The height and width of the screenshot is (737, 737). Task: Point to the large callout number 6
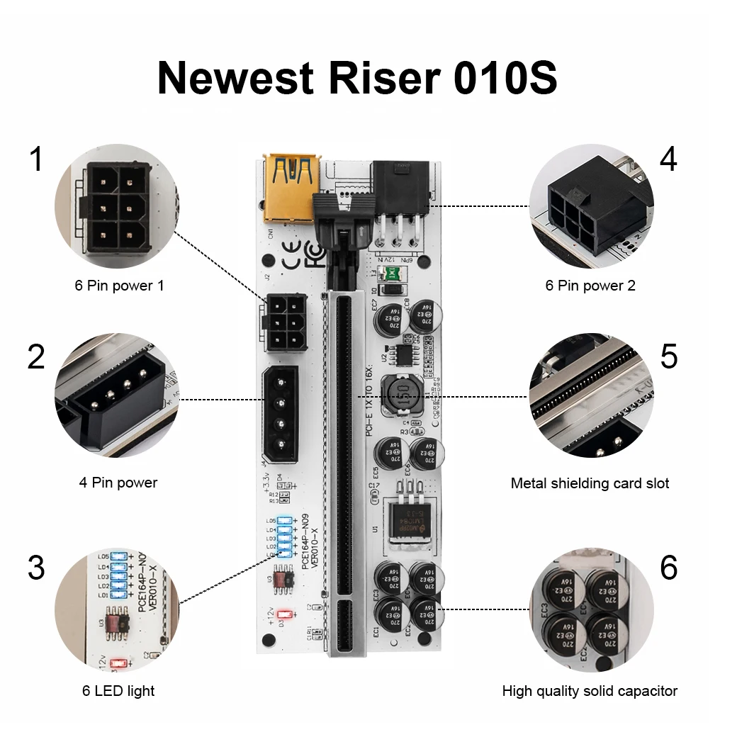(668, 568)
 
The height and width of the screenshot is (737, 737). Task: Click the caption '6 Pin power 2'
(590, 286)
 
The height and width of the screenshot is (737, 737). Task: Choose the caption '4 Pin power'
(118, 483)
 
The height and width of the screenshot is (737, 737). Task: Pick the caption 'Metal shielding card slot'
(590, 483)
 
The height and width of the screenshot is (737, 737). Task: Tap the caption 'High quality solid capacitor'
(590, 690)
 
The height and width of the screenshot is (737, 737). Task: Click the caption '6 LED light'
(118, 690)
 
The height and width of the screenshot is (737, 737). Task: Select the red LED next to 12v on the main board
(286, 614)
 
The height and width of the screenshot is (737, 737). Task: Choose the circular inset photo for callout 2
(118, 395)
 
